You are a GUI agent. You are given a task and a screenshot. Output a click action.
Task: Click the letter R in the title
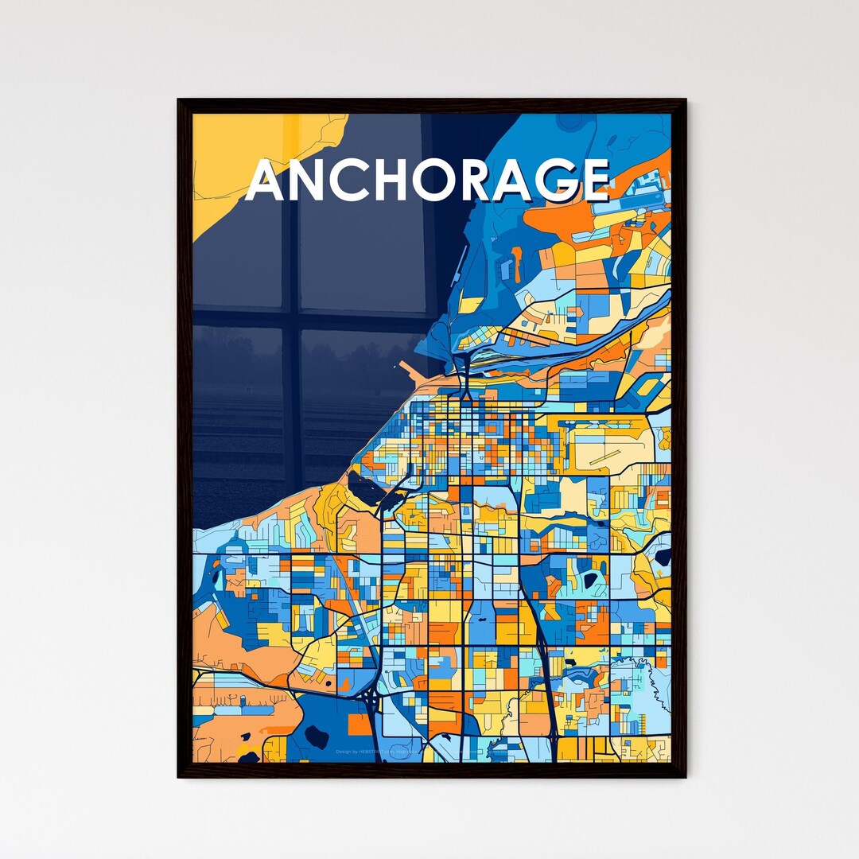tap(480, 181)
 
